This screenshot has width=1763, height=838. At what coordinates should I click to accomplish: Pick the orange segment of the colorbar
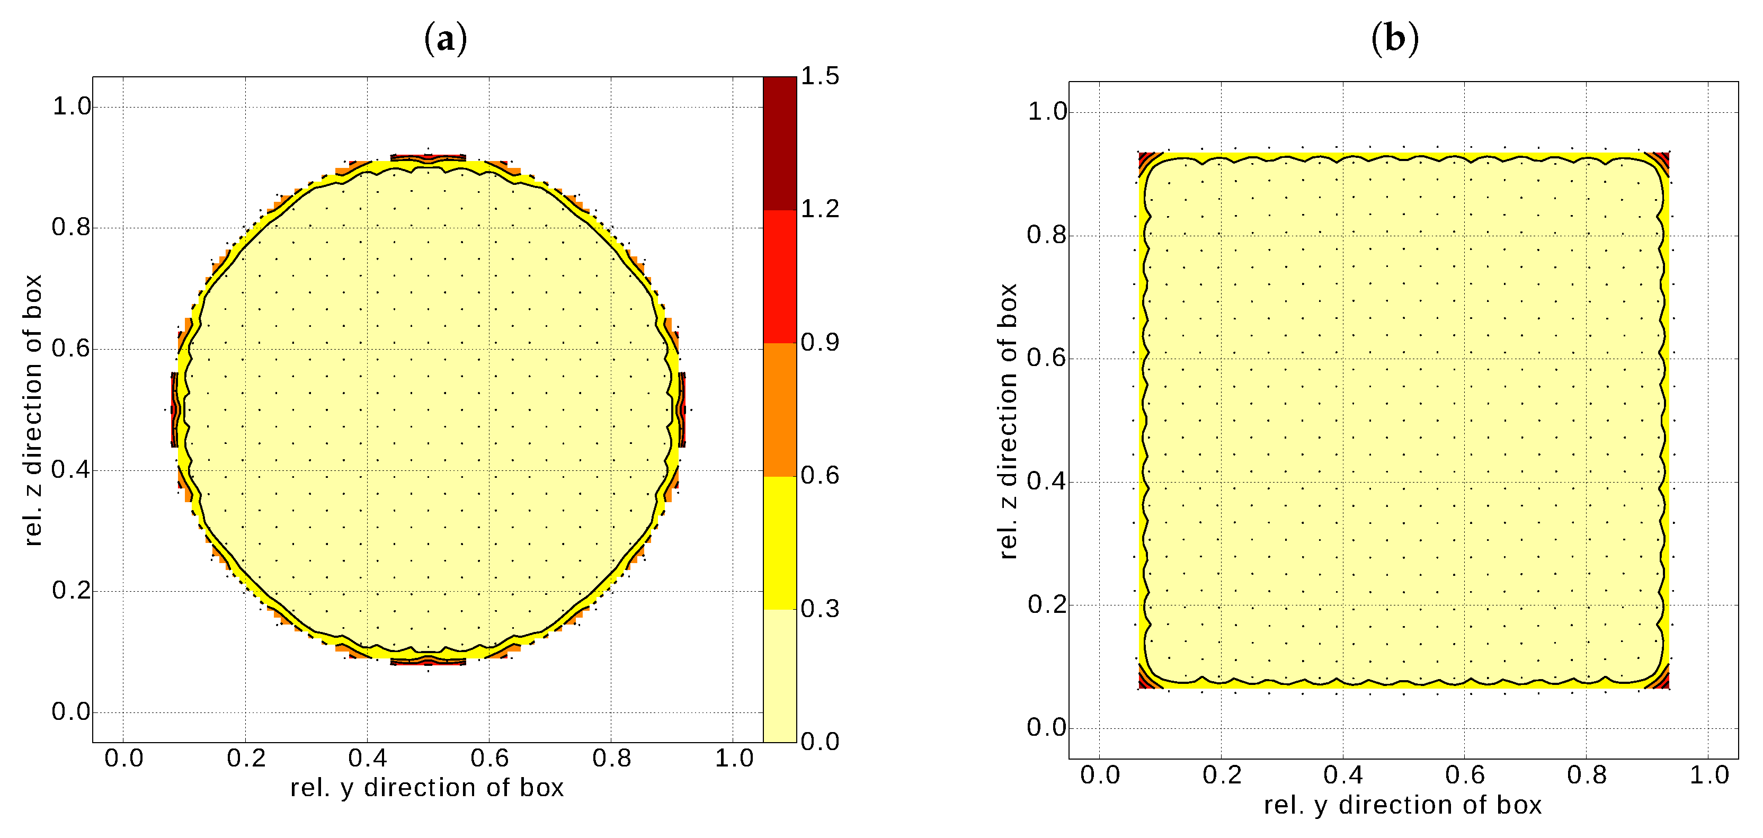click(x=780, y=409)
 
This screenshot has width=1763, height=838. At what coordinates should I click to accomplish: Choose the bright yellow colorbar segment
click(x=780, y=542)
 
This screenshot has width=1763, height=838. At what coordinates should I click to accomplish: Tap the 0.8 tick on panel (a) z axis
click(x=71, y=227)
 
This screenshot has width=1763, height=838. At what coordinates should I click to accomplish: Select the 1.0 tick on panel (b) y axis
click(x=1709, y=775)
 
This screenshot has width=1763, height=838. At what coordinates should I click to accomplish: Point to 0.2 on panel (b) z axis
click(x=1046, y=605)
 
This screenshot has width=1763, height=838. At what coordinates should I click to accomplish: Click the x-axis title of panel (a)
click(x=427, y=787)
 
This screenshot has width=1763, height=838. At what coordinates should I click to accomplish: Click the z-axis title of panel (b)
click(x=1008, y=421)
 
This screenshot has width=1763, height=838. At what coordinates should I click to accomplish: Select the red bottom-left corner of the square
click(x=1144, y=681)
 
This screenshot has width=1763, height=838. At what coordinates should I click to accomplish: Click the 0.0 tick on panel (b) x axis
click(x=1099, y=775)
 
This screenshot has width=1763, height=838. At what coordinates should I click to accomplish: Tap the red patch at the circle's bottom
click(x=428, y=662)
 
